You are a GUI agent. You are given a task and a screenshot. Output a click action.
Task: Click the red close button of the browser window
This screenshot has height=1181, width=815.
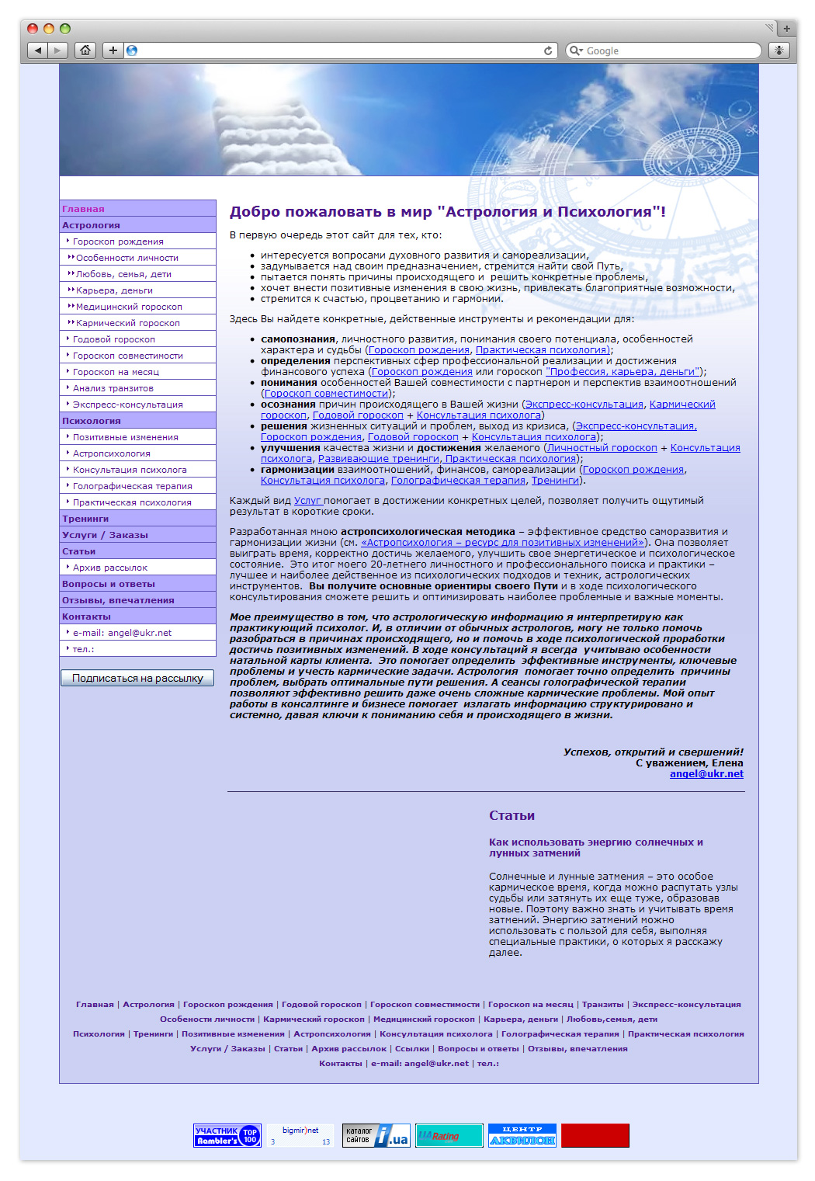point(33,29)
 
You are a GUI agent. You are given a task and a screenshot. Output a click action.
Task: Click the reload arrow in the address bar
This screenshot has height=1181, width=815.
point(548,50)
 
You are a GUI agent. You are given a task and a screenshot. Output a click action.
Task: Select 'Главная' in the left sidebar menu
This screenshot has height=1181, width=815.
point(83,209)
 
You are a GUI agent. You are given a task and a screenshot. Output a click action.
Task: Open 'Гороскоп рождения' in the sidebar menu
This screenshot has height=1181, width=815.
point(118,241)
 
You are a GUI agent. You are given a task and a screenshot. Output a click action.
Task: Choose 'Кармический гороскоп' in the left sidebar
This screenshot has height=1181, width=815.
point(128,323)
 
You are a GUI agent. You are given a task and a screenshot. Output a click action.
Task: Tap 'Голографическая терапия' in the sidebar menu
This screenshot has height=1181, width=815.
point(133,486)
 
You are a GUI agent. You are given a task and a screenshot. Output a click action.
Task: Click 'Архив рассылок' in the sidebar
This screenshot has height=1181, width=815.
point(110,568)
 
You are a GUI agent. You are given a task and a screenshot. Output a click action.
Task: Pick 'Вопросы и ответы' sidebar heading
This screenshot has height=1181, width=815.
point(109,584)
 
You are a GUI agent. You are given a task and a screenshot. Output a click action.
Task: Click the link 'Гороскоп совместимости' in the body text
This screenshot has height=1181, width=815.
point(326,394)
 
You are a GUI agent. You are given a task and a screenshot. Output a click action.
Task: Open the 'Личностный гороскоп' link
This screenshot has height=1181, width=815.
point(602,448)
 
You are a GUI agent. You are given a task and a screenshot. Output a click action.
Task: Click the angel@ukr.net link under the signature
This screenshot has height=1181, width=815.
point(706,774)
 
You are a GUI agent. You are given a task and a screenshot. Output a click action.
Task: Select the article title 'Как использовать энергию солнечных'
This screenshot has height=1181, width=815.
point(595,842)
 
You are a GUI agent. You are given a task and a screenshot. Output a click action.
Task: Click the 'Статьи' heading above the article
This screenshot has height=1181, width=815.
point(512,815)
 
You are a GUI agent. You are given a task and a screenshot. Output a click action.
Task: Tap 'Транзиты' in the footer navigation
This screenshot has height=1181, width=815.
point(603,1005)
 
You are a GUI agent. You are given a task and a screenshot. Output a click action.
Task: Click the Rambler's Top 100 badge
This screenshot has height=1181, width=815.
point(227,1135)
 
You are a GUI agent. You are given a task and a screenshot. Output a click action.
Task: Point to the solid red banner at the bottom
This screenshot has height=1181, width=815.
point(595,1135)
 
